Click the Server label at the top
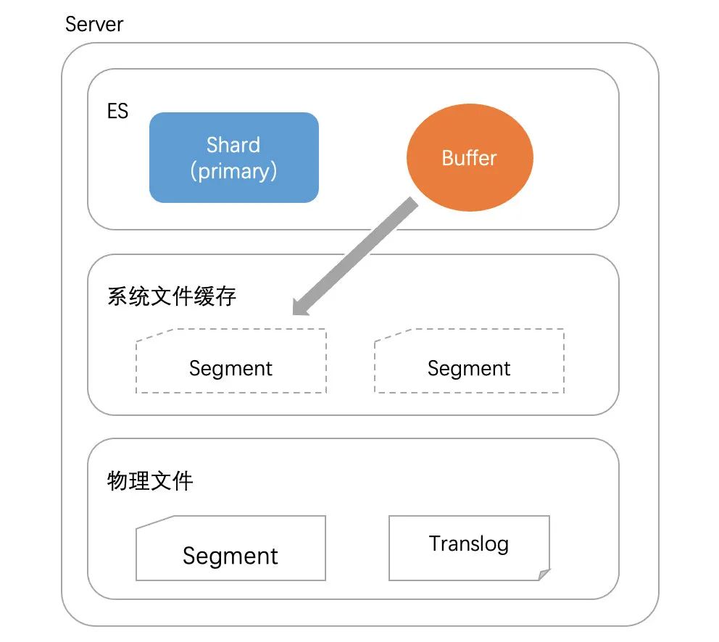pos(94,24)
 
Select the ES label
pos(117,111)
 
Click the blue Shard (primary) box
pos(233,157)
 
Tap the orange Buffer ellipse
pos(470,158)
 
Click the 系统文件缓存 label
pos(172,296)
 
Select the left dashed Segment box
pos(230,361)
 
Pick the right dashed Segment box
pos(469,361)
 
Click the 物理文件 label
pos(150,481)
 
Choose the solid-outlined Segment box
pos(230,548)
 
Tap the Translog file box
pos(469,548)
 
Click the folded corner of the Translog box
pos(543,574)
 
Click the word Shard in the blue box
pos(233,144)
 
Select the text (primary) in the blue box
pos(233,171)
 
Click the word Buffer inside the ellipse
pos(470,158)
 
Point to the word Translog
pos(469,543)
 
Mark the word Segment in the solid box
pos(230,556)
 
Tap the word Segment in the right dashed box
pos(469,368)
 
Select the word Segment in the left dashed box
pos(230,368)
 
